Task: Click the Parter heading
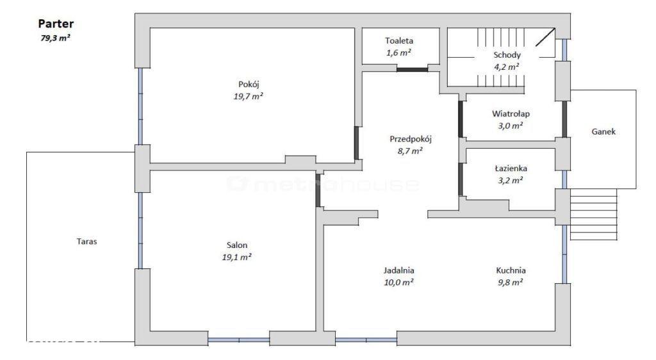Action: (56, 24)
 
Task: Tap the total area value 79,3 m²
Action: (55, 38)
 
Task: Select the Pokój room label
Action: (249, 85)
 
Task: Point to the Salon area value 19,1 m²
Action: (236, 257)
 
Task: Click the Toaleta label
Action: (399, 40)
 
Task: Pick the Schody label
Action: (507, 55)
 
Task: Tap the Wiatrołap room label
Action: (511, 113)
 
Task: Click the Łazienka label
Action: (511, 168)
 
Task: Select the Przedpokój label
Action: (410, 139)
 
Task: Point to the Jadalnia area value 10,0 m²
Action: (398, 282)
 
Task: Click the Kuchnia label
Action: (511, 270)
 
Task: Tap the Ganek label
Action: (603, 131)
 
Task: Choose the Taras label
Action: (86, 241)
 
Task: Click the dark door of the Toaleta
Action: (412, 69)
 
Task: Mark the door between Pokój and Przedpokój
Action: (356, 143)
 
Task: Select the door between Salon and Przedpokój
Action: (318, 190)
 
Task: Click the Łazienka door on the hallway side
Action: (461, 179)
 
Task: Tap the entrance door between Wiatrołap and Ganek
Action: (564, 119)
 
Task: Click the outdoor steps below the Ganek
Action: (594, 215)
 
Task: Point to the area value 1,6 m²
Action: (398, 53)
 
